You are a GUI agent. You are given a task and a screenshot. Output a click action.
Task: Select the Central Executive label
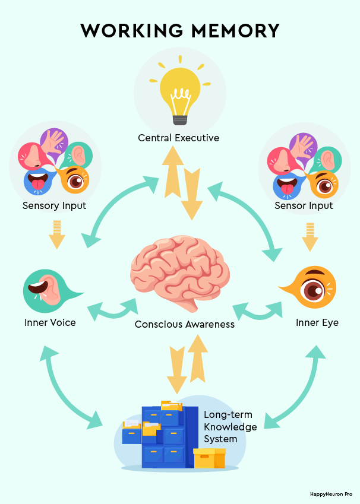click(x=179, y=138)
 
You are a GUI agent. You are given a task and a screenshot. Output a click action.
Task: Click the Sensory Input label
click(x=55, y=206)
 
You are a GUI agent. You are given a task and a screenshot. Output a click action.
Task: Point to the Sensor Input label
click(x=304, y=206)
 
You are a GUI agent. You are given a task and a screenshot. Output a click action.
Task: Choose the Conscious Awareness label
click(x=185, y=324)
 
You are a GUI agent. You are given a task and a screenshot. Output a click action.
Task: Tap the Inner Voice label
click(x=50, y=323)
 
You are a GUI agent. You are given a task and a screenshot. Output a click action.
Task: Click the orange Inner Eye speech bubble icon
click(x=312, y=289)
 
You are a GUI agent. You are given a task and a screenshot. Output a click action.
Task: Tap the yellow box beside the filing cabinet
click(x=209, y=459)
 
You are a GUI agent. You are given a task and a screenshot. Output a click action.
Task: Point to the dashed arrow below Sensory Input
click(x=56, y=234)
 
